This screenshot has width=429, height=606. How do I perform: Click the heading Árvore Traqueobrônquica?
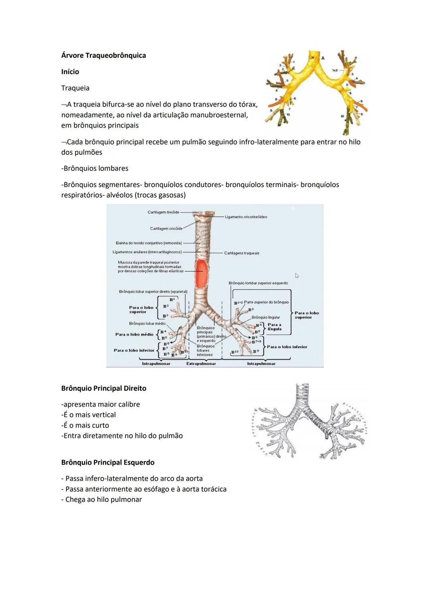click(x=103, y=56)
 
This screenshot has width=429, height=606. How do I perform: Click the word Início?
click(x=70, y=72)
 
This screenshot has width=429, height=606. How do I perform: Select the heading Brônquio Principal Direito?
click(x=104, y=388)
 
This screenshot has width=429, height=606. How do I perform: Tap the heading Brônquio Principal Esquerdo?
click(x=108, y=463)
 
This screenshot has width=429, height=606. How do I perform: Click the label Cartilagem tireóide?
click(x=163, y=212)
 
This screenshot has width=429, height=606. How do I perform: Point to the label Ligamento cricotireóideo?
click(x=246, y=217)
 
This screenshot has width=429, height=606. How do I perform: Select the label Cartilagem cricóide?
click(x=166, y=229)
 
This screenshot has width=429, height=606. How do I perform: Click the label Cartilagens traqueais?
click(x=242, y=253)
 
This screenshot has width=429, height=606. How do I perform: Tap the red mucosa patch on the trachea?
click(x=202, y=274)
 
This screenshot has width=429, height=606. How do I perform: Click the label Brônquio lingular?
click(x=266, y=318)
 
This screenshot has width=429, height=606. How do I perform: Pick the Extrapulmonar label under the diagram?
click(x=201, y=364)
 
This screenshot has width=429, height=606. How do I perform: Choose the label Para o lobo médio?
click(x=134, y=334)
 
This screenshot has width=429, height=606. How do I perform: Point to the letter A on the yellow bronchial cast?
click(x=323, y=58)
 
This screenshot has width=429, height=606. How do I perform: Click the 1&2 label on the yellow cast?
click(x=335, y=70)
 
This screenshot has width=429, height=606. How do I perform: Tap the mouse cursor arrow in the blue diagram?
click(x=297, y=276)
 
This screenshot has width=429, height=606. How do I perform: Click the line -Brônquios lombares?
click(x=95, y=168)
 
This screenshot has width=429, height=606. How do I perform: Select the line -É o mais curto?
click(x=85, y=425)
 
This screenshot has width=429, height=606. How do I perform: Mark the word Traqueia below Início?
click(x=75, y=88)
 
